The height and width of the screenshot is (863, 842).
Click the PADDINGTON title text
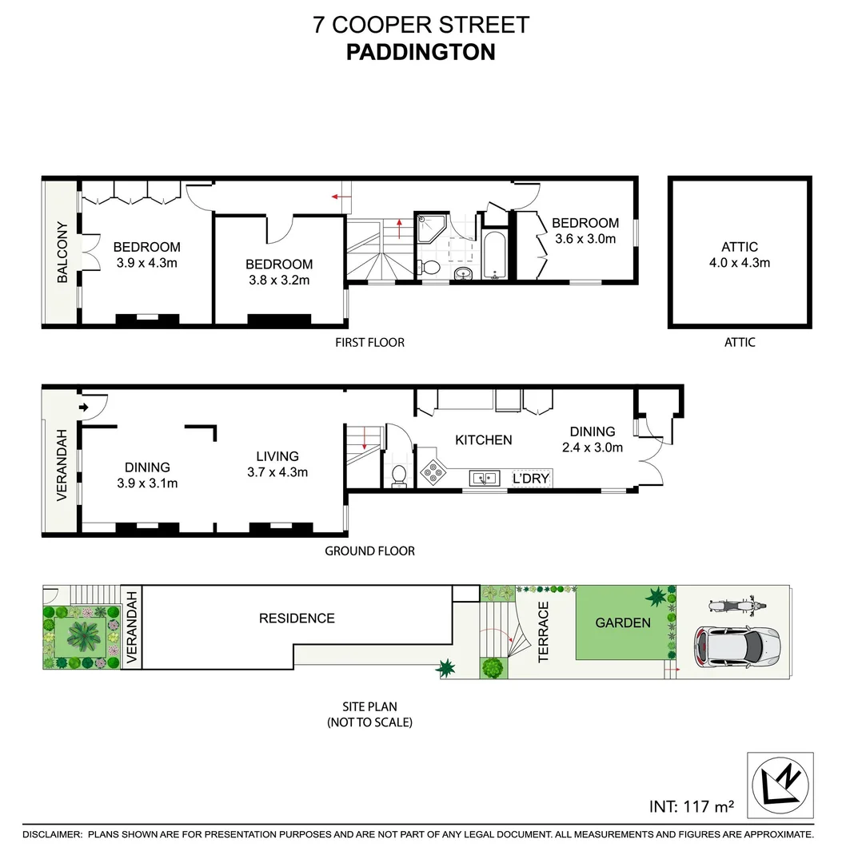point(421,52)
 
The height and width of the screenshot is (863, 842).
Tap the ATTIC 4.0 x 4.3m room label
point(739,255)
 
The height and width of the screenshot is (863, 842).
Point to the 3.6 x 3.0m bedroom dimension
point(585,238)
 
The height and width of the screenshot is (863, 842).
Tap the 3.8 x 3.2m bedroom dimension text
point(278,280)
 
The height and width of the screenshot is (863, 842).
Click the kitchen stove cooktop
point(433,472)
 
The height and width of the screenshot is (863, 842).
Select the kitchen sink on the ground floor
point(484,477)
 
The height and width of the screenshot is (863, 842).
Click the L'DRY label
point(532,478)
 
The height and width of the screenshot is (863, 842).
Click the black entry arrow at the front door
point(84,408)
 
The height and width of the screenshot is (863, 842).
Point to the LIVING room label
point(277,456)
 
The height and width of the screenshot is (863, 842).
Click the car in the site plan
point(735,645)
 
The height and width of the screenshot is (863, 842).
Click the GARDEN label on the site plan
point(623,622)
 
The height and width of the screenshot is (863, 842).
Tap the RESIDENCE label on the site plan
point(297,618)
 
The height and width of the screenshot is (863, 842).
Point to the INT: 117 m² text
point(691,806)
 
